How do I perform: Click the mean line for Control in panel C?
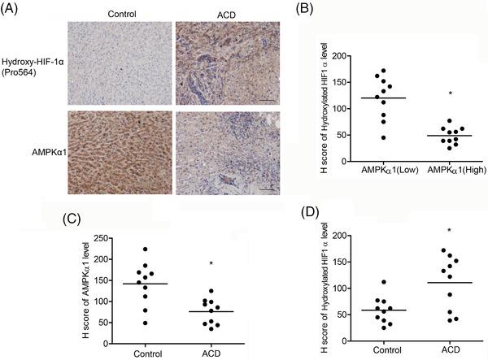145,284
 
